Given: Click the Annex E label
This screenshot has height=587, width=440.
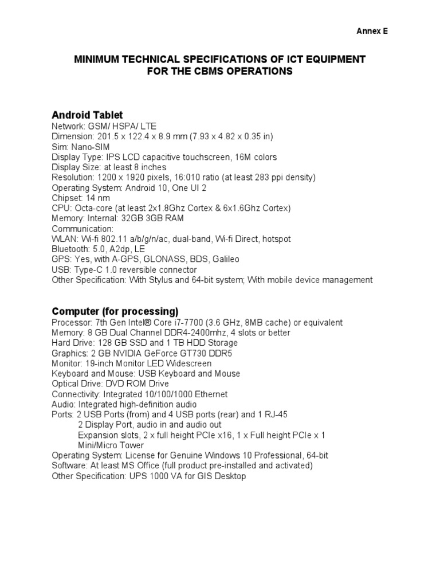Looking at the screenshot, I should (372, 32).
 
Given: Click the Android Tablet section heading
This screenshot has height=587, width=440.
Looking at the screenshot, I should (87, 115).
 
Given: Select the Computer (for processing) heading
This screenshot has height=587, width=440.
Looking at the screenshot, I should (115, 311).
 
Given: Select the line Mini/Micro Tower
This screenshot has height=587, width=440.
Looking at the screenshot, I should (111, 445).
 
